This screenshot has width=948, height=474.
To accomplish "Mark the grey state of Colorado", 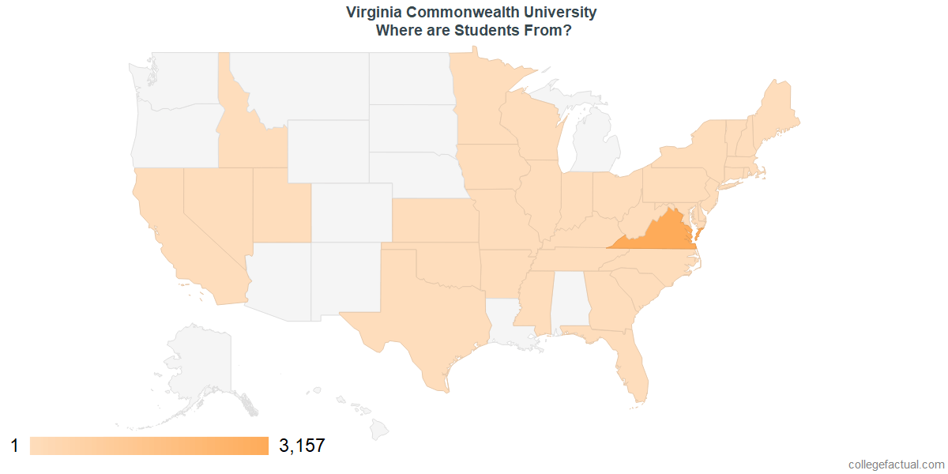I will (351, 212).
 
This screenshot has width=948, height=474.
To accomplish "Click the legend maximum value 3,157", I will (302, 446).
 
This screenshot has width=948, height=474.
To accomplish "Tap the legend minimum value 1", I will (14, 446).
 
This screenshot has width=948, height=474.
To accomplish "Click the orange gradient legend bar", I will (149, 446).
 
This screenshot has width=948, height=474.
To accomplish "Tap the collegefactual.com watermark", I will (896, 465).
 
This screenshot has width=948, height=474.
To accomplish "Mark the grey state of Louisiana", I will (506, 324).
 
